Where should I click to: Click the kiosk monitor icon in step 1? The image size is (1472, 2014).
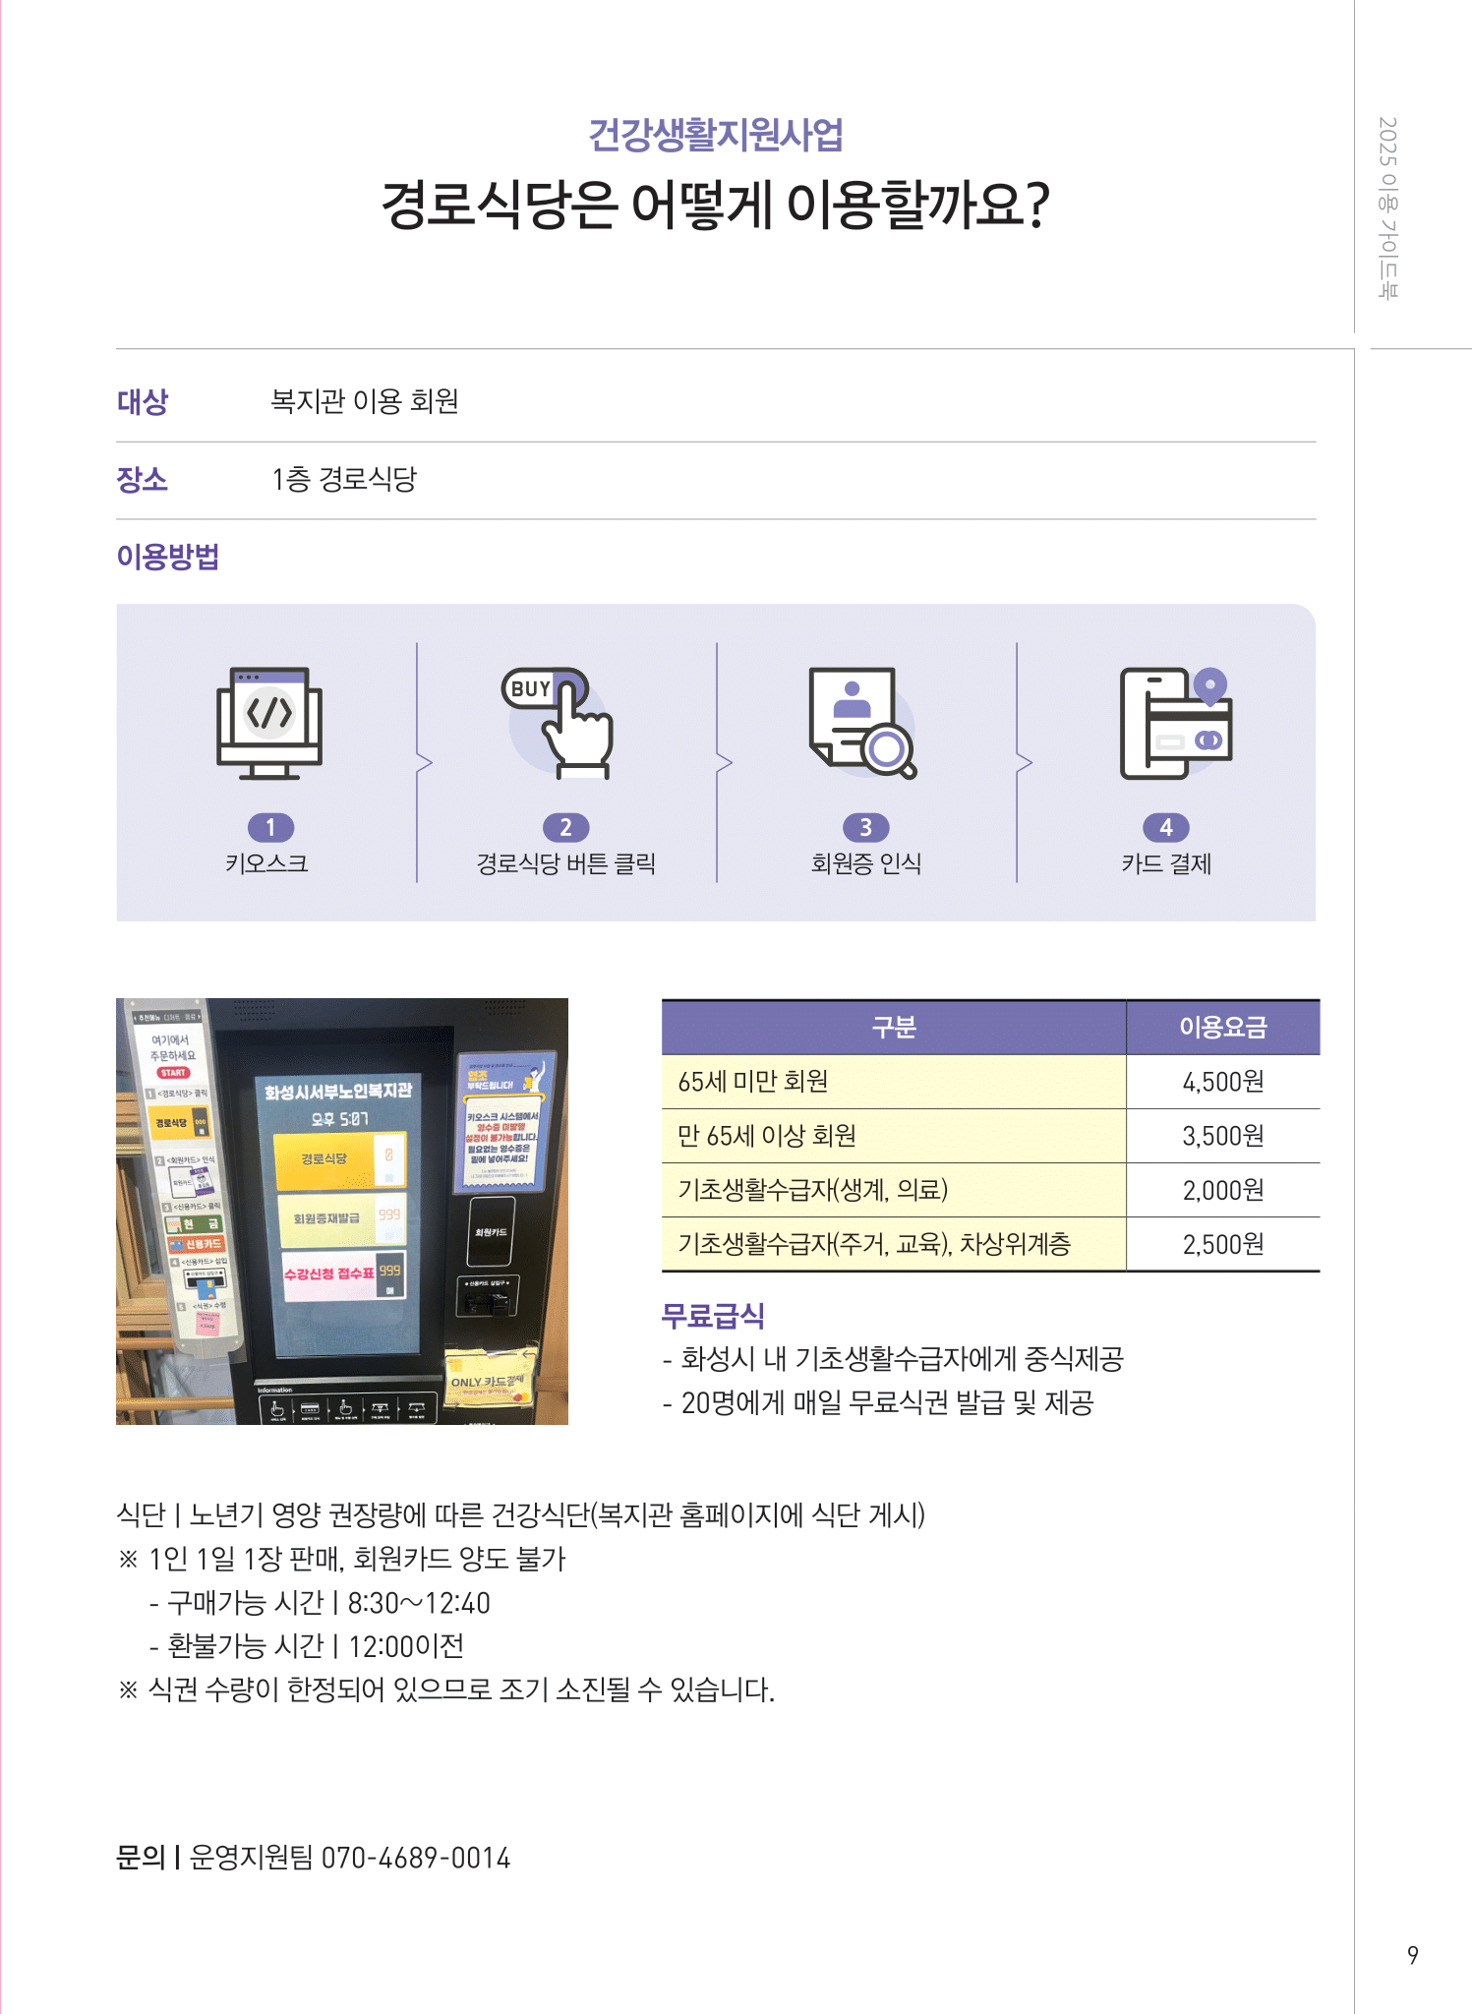(x=269, y=723)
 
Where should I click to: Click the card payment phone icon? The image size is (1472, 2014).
(x=1175, y=723)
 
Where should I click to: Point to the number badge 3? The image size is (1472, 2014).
(x=865, y=828)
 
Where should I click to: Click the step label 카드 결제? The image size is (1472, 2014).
(x=1166, y=863)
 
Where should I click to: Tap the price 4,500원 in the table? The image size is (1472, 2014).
(x=1222, y=1082)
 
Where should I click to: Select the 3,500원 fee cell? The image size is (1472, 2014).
(x=1222, y=1136)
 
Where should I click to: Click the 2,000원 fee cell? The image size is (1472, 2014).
(x=1222, y=1190)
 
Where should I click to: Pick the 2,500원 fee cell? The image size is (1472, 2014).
(x=1222, y=1244)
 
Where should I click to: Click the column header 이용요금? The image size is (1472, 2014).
(x=1222, y=1028)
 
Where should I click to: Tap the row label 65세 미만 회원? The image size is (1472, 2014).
(x=753, y=1082)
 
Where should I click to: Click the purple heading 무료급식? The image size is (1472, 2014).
(x=713, y=1315)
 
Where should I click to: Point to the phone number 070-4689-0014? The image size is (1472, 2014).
(x=416, y=1858)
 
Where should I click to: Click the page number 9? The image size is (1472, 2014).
(x=1412, y=1955)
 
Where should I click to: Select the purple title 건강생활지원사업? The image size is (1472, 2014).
(x=716, y=135)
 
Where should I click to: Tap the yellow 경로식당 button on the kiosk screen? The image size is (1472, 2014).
(x=324, y=1158)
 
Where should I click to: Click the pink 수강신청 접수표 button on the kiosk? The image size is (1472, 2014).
(x=330, y=1274)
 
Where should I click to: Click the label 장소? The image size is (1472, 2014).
(x=143, y=480)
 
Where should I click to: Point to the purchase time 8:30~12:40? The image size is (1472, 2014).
(x=419, y=1603)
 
